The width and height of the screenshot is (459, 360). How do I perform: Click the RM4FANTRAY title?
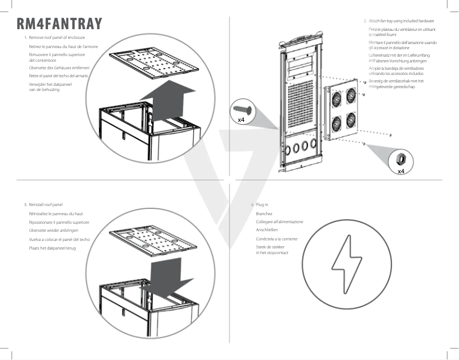(x=60, y=23)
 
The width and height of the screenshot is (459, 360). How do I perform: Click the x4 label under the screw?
(x=242, y=120)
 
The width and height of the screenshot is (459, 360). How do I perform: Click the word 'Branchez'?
(x=264, y=213)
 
